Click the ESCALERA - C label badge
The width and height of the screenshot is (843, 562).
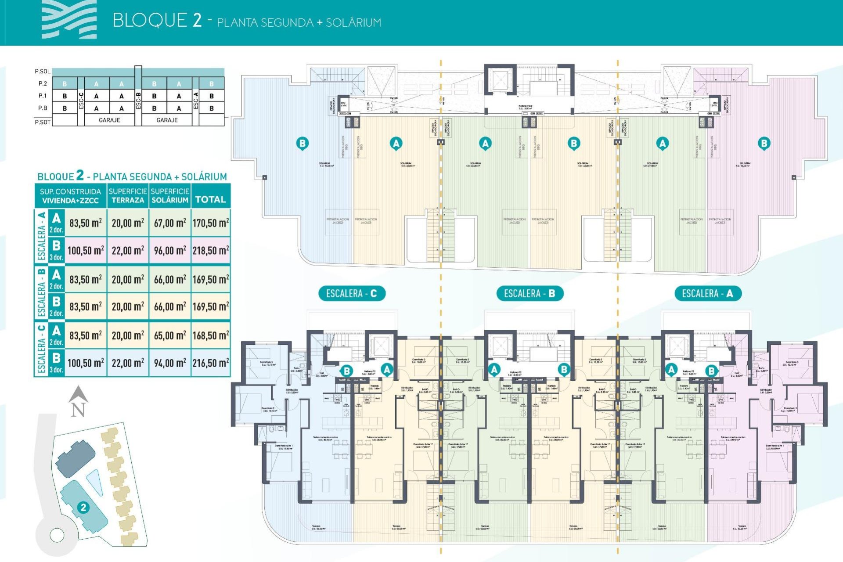[352, 293]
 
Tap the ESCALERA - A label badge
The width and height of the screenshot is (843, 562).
[707, 293]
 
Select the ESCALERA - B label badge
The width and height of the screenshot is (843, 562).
[530, 293]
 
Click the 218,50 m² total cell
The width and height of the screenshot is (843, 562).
[211, 251]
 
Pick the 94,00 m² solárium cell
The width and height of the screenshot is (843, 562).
[170, 363]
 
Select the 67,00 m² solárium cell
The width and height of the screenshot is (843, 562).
[170, 223]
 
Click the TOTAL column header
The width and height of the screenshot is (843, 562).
[210, 199]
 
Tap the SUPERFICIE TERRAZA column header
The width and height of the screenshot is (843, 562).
[128, 196]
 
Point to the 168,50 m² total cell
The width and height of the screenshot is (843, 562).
[211, 335]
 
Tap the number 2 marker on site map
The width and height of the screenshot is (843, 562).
[83, 508]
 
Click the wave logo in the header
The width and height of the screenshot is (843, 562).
[69, 20]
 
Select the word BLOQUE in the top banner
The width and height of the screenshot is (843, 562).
[150, 21]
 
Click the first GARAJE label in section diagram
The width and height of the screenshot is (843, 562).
[109, 120]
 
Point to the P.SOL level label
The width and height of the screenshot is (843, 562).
[43, 71]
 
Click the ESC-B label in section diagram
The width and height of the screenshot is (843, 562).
[138, 100]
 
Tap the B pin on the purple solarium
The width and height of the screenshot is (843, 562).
[764, 143]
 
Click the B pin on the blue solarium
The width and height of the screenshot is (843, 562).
[302, 143]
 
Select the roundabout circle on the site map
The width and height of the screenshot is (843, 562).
[57, 535]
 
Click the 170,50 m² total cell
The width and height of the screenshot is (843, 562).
[211, 223]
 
